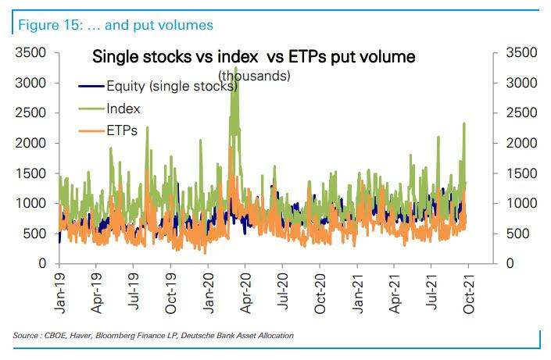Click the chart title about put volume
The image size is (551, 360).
click(253, 57)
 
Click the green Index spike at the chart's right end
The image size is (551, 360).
click(464, 125)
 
